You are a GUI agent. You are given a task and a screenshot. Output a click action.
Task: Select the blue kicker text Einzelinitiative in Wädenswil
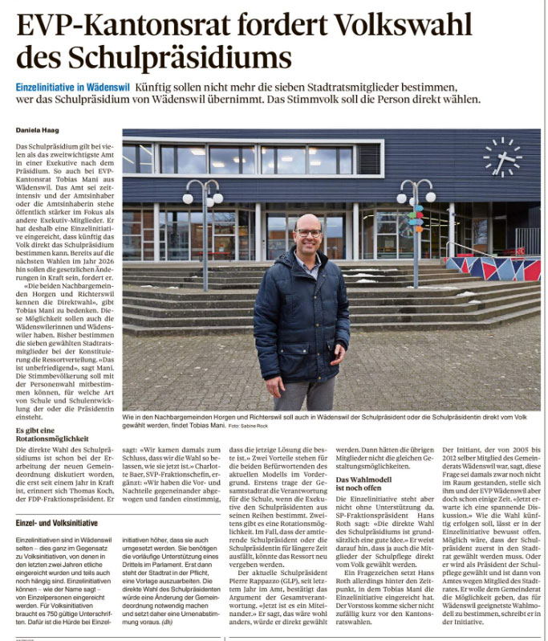pos(71,86)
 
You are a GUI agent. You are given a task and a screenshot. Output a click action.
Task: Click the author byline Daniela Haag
pos(39,129)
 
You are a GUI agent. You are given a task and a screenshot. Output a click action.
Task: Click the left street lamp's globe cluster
pos(202,193)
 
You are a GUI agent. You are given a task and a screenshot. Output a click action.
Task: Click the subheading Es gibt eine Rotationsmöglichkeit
pos(52,435)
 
